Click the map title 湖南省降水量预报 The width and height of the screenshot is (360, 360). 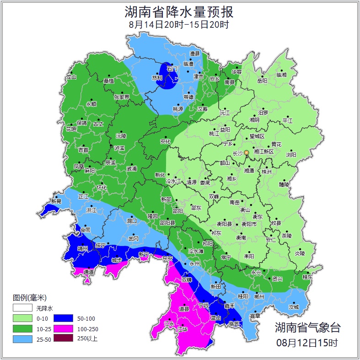179,12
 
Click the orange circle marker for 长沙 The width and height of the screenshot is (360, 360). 247,152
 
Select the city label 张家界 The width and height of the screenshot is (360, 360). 122,97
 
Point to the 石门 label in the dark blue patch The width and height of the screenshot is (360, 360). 172,69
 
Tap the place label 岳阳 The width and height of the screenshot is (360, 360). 262,81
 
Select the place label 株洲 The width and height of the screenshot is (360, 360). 266,172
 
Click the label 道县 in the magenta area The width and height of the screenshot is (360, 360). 184,309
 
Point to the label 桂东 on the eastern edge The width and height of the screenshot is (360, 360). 308,277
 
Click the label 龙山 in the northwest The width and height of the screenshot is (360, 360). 71,77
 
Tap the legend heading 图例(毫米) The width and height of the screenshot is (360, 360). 30,298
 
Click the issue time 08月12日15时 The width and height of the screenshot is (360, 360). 307,342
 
